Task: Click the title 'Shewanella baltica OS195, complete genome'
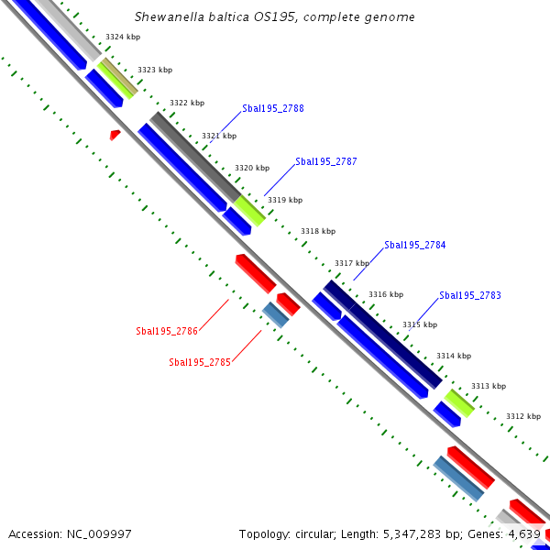(x=274, y=17)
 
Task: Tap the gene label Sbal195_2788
(x=273, y=108)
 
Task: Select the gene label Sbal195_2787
(x=325, y=161)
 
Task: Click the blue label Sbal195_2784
(x=414, y=245)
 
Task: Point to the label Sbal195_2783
(x=470, y=295)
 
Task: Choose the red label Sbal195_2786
(x=167, y=331)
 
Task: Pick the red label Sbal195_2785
(x=200, y=362)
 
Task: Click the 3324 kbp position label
(x=123, y=37)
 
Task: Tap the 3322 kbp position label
(x=187, y=103)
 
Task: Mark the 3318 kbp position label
(x=318, y=231)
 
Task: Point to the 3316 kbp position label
(x=386, y=294)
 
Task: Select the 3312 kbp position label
(x=522, y=416)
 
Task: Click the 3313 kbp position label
(x=488, y=386)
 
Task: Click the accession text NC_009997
(x=70, y=533)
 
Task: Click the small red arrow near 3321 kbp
(x=115, y=135)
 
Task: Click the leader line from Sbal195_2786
(x=214, y=313)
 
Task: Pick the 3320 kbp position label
(x=252, y=168)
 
